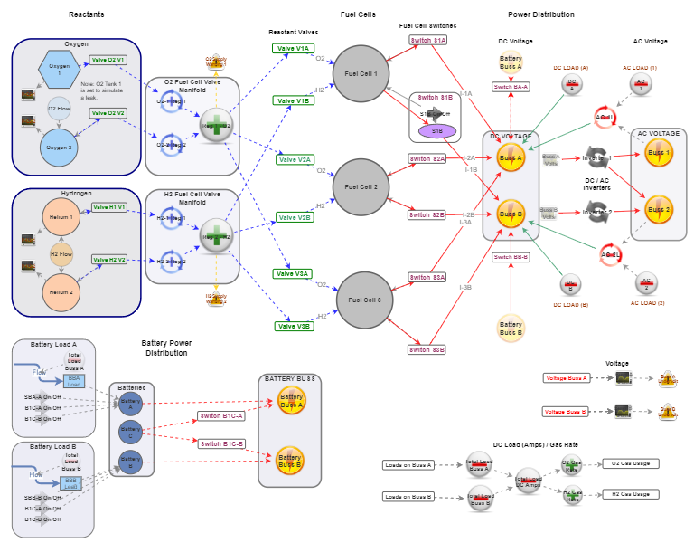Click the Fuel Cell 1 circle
(x=361, y=73)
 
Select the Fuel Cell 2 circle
(x=361, y=187)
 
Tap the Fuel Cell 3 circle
(x=365, y=300)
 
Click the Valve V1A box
(x=293, y=48)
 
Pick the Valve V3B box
(x=293, y=326)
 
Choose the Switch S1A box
(x=427, y=41)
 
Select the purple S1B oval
(x=437, y=131)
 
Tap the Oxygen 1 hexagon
(x=60, y=69)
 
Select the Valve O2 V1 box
(x=108, y=60)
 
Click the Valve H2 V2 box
(x=108, y=259)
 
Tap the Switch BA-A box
(x=511, y=86)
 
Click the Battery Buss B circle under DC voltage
(x=511, y=329)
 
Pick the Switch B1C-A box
(x=221, y=416)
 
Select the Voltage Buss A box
(x=566, y=377)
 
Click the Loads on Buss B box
(x=408, y=497)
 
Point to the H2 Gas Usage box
(x=630, y=494)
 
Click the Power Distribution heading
(x=540, y=14)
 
